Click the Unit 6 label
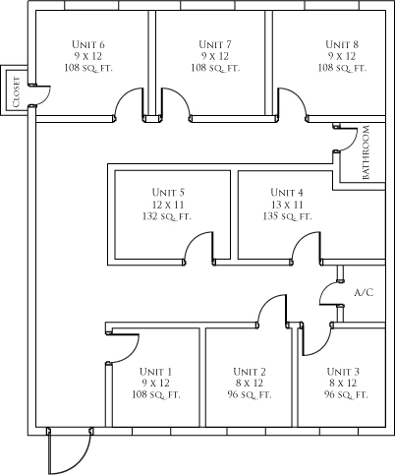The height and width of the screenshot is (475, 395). (x=88, y=44)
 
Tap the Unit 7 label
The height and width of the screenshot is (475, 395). (x=215, y=44)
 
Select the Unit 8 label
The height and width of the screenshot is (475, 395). (x=342, y=44)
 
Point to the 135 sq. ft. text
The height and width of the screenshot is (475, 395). (x=287, y=216)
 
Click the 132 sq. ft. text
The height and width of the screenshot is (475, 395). (x=167, y=216)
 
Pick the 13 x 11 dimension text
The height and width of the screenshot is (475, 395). (x=287, y=205)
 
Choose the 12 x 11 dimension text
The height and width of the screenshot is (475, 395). (x=168, y=205)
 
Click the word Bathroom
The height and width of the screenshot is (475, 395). (x=366, y=152)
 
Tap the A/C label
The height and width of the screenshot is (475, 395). (x=364, y=292)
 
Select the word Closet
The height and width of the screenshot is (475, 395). (x=17, y=92)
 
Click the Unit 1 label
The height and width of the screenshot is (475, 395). (x=155, y=372)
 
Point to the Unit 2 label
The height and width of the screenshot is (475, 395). (x=250, y=372)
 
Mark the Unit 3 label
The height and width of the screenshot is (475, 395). (x=343, y=372)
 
